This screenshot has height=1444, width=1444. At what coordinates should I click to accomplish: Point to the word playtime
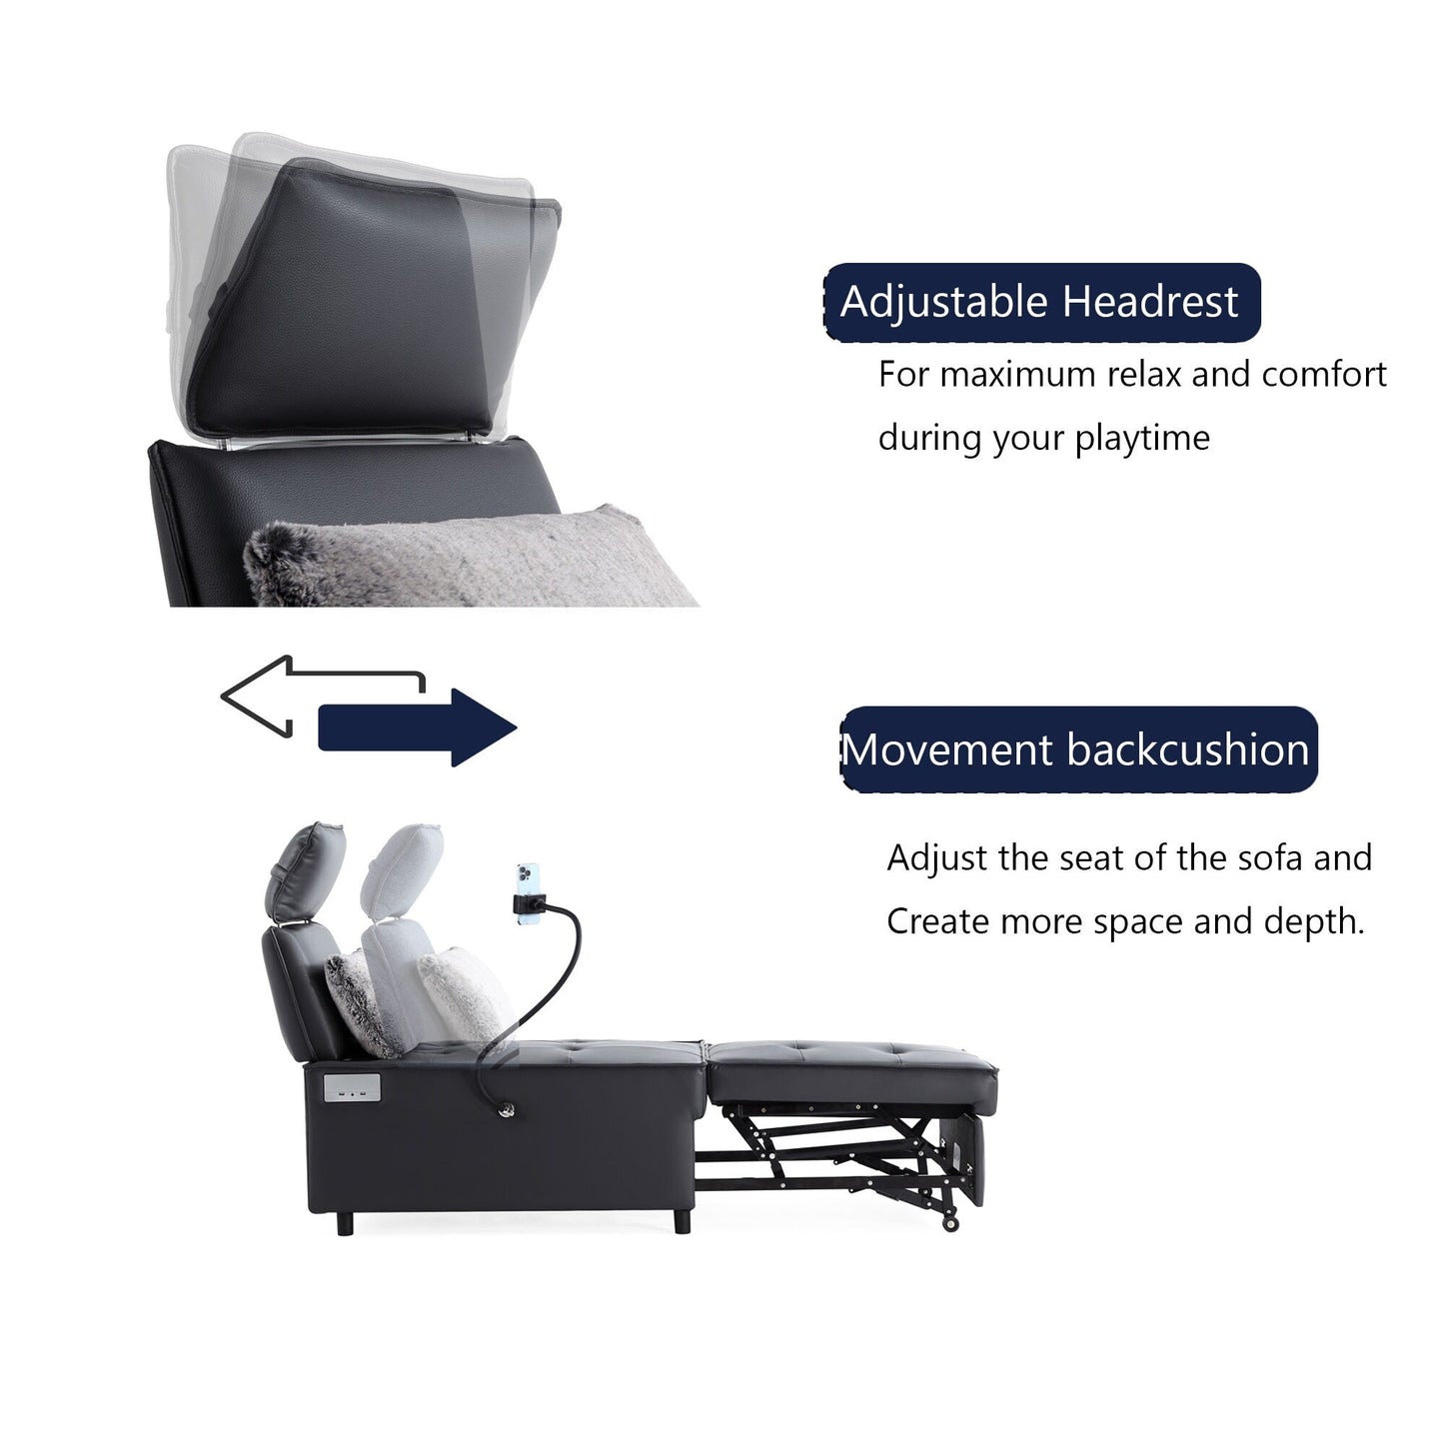click(x=1141, y=438)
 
